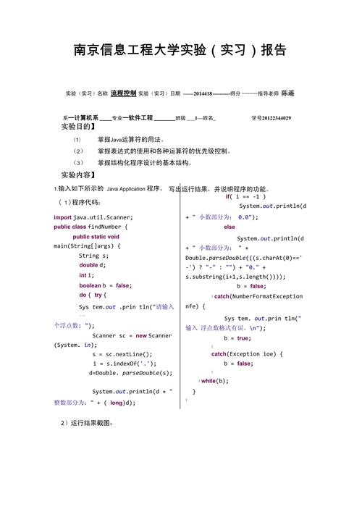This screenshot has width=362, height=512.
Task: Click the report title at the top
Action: click(180, 50)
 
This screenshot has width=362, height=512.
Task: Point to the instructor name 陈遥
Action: click(287, 93)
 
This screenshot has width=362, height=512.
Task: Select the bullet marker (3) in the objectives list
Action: click(78, 163)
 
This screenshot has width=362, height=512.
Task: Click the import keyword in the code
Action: click(62, 217)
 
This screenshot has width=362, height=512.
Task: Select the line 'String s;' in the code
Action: click(94, 256)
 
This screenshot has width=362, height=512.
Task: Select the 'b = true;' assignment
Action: click(237, 338)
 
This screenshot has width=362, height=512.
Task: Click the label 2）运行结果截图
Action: click(86, 422)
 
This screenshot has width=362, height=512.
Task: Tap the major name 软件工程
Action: click(138, 117)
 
